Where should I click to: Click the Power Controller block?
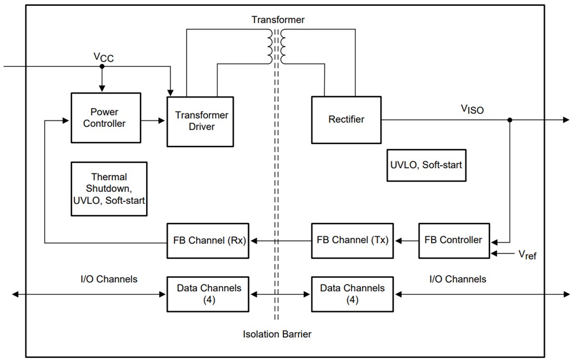(106, 118)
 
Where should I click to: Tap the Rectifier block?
(346, 120)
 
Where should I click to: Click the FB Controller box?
(453, 240)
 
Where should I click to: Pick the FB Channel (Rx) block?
(208, 240)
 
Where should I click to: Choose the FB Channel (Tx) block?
(353, 240)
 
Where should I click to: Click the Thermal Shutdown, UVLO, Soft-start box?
(109, 188)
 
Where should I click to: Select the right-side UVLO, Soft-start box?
(426, 165)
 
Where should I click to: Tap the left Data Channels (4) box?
(208, 294)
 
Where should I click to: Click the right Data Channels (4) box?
(353, 294)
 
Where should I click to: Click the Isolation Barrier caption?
(277, 334)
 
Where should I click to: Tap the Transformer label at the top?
(278, 20)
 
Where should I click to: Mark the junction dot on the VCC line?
(102, 66)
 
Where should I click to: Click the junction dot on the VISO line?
(510, 120)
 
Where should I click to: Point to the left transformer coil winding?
(269, 46)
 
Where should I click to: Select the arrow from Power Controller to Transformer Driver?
(153, 120)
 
